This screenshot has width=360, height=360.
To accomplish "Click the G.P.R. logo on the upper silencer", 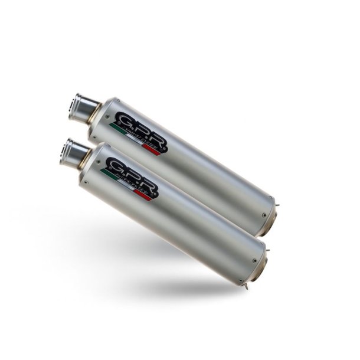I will click(x=140, y=131).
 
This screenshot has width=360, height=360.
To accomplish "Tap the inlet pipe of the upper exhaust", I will click(x=81, y=106).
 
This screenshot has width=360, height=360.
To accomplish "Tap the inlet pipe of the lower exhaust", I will click(x=73, y=152).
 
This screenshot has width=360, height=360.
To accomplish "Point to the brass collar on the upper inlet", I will click(x=94, y=113).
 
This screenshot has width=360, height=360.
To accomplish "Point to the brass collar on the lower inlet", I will click(x=86, y=159).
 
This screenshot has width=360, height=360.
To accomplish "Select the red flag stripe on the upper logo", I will click(x=155, y=150).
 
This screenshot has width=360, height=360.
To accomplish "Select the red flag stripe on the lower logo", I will click(x=145, y=196).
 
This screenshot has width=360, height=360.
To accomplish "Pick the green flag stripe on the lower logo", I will click(x=106, y=173).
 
